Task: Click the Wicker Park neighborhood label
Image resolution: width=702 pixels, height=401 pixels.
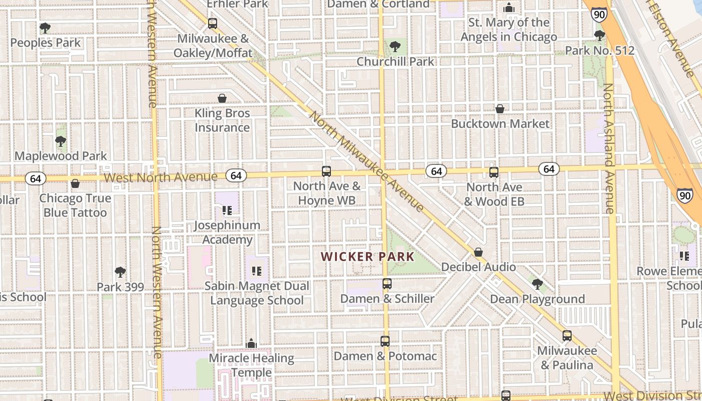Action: point(368,257)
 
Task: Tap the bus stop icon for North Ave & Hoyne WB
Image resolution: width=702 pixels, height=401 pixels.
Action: point(326,171)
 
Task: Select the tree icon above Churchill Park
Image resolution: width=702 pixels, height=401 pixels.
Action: point(395,47)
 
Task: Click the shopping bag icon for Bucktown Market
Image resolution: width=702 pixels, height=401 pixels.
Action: point(500,109)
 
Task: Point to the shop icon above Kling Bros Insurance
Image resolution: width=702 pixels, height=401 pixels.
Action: point(222,98)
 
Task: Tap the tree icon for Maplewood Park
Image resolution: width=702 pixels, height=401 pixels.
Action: point(61,141)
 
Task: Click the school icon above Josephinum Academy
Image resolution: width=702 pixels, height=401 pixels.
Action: point(227,211)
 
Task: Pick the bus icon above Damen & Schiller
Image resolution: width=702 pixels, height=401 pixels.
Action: point(387,284)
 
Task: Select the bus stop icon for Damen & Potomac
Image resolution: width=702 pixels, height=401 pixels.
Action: point(385,341)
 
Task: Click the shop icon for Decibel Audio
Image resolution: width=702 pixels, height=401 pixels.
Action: point(478,252)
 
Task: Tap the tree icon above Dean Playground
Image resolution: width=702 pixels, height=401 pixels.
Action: point(538,284)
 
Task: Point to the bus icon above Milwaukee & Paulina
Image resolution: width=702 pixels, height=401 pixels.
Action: point(567,336)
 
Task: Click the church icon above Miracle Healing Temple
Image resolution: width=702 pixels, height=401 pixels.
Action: point(251,343)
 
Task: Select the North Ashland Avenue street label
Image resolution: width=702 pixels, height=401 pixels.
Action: point(609,148)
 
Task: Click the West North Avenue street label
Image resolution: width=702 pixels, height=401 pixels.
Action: point(161,177)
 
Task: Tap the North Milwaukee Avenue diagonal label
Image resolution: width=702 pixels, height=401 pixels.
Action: point(367,161)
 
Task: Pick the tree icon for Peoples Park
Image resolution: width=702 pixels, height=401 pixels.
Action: point(45,28)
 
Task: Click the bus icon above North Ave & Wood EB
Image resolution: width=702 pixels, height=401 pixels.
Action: point(494,172)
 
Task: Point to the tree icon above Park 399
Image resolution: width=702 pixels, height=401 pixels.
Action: point(120,272)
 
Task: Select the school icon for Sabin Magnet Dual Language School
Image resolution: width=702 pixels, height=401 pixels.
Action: point(257,271)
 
